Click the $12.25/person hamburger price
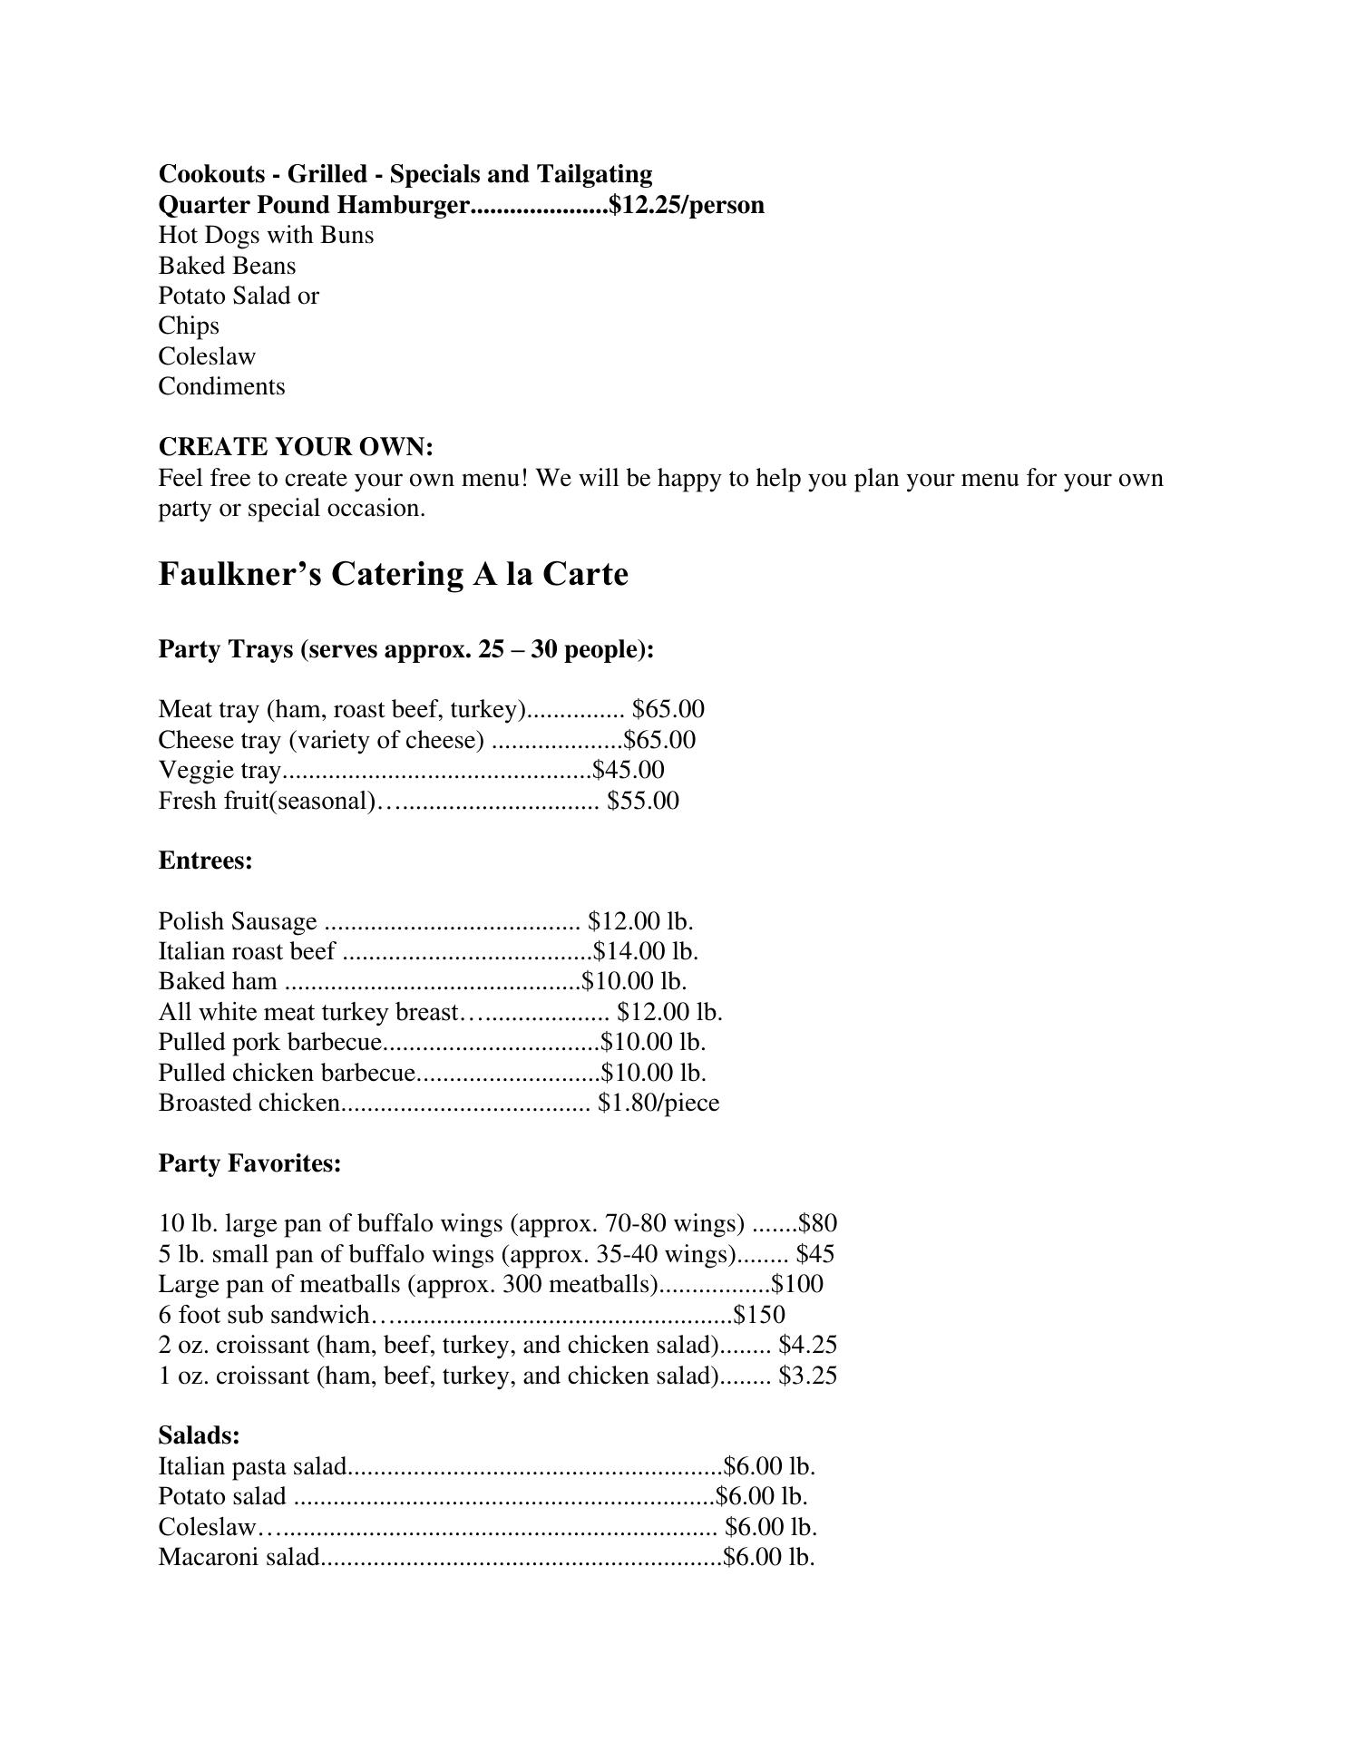[x=687, y=205]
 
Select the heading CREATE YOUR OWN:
[x=296, y=447]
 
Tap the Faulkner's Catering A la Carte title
[x=393, y=574]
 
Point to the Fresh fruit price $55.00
[x=643, y=801]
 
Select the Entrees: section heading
[x=205, y=860]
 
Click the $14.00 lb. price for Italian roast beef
[x=645, y=951]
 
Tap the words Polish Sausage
[x=238, y=921]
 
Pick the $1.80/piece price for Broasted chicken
[x=658, y=1103]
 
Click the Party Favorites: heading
[x=249, y=1162]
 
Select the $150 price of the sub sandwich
[x=759, y=1315]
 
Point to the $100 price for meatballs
[x=797, y=1284]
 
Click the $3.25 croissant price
[x=807, y=1376]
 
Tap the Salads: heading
[x=199, y=1435]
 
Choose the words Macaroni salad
[x=239, y=1557]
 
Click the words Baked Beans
[x=227, y=266]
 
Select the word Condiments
[x=221, y=386]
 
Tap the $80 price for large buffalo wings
[x=817, y=1224]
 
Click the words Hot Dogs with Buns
[x=266, y=235]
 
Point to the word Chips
[x=189, y=326]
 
